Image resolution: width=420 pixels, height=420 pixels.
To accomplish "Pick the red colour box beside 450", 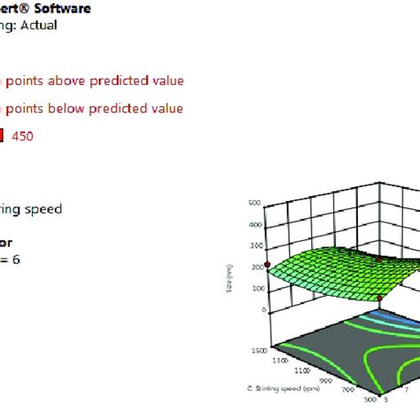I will [3, 136].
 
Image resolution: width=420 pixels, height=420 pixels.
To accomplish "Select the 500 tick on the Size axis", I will [253, 203].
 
